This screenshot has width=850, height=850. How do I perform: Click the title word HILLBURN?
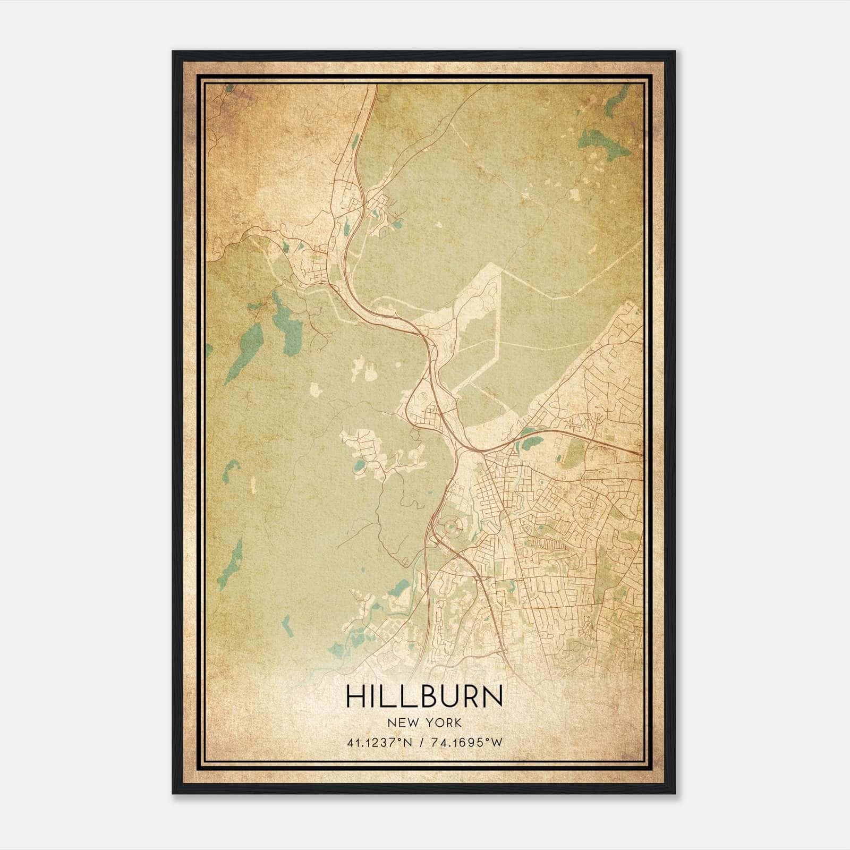pos(424,696)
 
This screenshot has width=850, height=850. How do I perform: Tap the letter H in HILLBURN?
pos(355,696)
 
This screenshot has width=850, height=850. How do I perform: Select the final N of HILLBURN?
pos(492,696)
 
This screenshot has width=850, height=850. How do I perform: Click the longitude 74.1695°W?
pos(466,742)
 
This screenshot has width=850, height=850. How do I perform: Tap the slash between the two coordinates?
pos(421,742)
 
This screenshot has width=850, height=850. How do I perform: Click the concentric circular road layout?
pos(451,526)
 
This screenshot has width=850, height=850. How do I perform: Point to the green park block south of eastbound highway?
pos(574,453)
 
